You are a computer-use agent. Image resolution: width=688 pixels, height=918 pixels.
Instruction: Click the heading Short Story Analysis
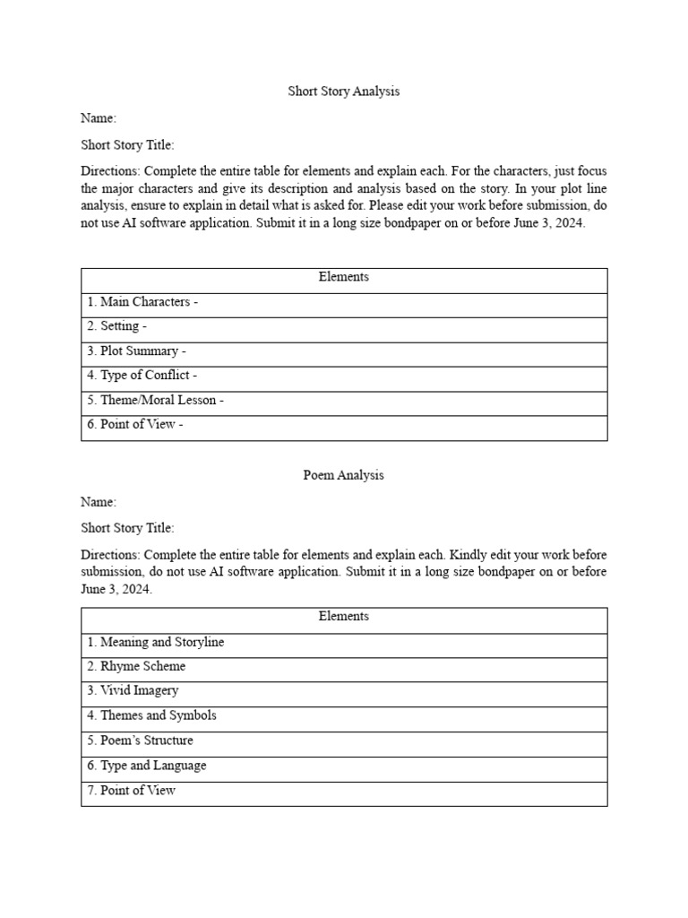[x=343, y=91]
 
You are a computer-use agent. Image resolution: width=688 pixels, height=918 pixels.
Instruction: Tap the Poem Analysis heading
[x=343, y=475]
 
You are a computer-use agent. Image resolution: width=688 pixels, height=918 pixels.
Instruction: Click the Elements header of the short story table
[x=343, y=277]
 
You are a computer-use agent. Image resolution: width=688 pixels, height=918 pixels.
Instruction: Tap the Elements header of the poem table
[x=343, y=617]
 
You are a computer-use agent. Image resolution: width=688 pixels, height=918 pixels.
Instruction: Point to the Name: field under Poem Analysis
[x=99, y=502]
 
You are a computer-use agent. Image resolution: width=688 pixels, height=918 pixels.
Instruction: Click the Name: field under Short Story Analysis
[x=99, y=118]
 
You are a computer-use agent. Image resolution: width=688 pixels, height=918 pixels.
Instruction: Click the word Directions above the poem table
[x=110, y=555]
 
